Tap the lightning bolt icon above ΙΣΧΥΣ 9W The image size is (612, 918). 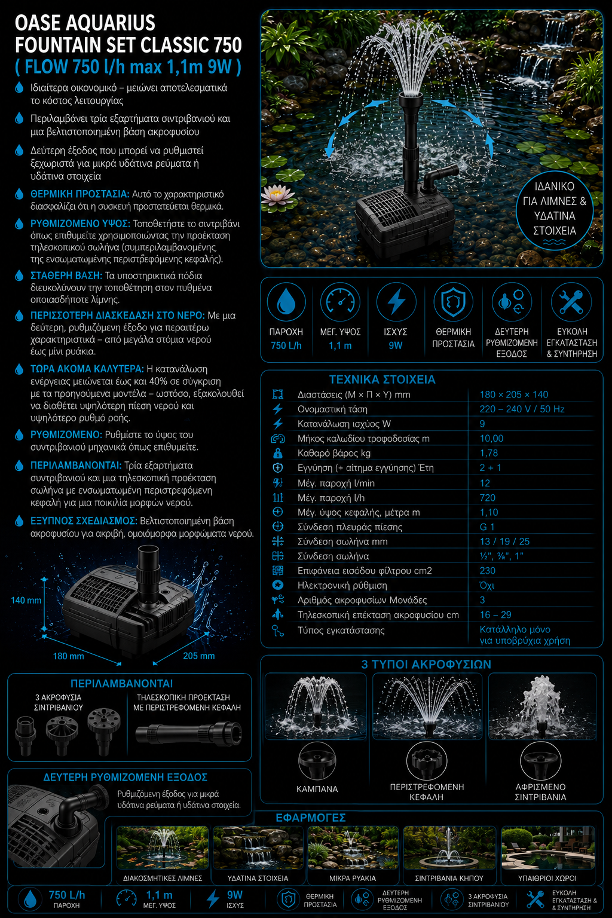point(396,302)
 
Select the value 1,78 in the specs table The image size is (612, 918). point(489,453)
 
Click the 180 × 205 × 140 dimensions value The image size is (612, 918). point(513,394)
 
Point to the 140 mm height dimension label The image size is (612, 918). point(26,601)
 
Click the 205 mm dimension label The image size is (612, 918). point(199,656)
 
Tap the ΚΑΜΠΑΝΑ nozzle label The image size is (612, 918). point(317,789)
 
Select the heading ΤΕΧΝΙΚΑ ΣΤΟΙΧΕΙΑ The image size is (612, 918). point(382,380)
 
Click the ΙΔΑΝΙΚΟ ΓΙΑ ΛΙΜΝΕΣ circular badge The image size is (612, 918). point(554,213)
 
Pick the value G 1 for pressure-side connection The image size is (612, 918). point(487,527)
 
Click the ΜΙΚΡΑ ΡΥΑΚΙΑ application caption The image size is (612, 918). point(353,878)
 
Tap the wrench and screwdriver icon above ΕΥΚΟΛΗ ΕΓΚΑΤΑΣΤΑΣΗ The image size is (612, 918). point(571,302)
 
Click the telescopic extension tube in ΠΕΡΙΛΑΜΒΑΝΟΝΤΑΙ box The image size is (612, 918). point(189,733)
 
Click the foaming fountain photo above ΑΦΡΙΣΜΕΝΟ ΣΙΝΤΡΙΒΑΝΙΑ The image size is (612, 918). point(542,706)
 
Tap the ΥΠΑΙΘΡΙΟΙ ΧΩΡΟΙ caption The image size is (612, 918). point(547,878)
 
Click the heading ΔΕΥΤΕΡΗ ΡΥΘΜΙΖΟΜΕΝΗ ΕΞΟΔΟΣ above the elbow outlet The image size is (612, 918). point(126,778)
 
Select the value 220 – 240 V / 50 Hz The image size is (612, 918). point(522,409)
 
